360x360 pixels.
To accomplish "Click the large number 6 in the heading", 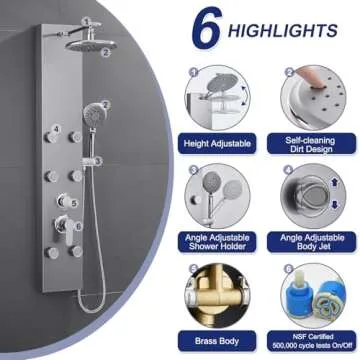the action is click(x=207, y=27).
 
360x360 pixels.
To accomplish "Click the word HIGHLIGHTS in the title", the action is click(x=283, y=31).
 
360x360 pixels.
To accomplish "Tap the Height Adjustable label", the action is click(x=217, y=144).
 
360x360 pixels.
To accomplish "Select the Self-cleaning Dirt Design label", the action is click(x=311, y=144).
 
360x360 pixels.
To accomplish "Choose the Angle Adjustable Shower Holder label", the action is click(x=217, y=242).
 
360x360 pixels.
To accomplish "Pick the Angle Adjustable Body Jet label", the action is click(x=311, y=242).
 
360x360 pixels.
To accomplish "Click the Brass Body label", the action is click(x=217, y=341).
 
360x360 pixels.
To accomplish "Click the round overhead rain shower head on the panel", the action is click(x=91, y=45).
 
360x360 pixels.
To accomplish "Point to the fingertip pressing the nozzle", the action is click(x=311, y=78).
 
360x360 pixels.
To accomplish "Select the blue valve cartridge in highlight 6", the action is click(x=300, y=295).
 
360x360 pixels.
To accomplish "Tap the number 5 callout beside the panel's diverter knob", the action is click(x=74, y=202).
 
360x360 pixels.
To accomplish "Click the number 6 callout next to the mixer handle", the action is click(x=78, y=226).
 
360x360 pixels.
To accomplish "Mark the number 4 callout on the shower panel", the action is click(x=56, y=128).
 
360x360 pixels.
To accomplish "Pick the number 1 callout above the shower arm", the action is click(x=86, y=21).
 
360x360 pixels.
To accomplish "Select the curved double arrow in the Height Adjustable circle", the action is click(x=245, y=96).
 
